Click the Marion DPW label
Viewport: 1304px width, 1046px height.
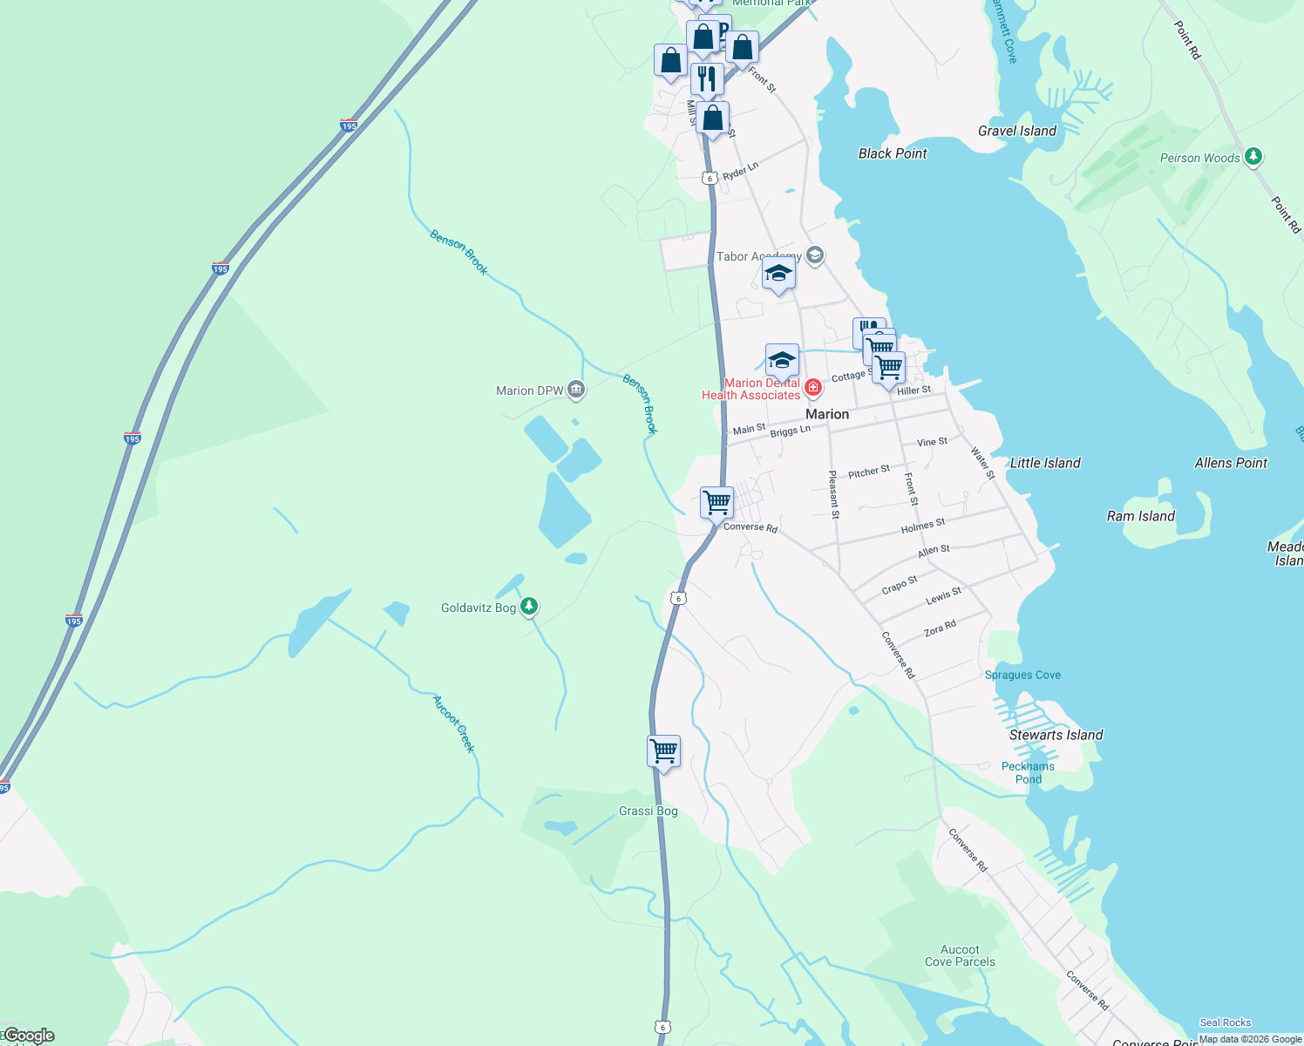point(530,391)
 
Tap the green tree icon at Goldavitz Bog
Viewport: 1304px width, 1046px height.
point(529,606)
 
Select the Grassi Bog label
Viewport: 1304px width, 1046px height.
point(648,811)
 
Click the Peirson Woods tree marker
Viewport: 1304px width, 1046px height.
point(1253,157)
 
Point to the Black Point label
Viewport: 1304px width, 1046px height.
point(893,153)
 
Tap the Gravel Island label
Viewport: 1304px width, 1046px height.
point(1016,131)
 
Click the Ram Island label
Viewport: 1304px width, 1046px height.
point(1140,516)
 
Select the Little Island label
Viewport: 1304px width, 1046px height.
point(1044,463)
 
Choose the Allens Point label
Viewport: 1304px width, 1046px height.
point(1230,463)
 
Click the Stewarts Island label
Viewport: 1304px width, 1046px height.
point(1056,735)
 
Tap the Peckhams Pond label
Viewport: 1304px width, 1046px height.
point(1028,772)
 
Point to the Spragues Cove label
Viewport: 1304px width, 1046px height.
point(1022,675)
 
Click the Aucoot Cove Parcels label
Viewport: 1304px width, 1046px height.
point(960,955)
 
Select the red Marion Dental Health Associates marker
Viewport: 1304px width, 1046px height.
point(812,387)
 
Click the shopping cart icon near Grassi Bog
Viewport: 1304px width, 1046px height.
point(664,750)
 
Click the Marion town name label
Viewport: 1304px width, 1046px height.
point(826,414)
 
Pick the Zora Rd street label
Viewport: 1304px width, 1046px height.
point(940,628)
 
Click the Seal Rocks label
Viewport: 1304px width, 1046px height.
point(1225,1022)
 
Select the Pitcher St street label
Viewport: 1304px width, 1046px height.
point(868,472)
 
